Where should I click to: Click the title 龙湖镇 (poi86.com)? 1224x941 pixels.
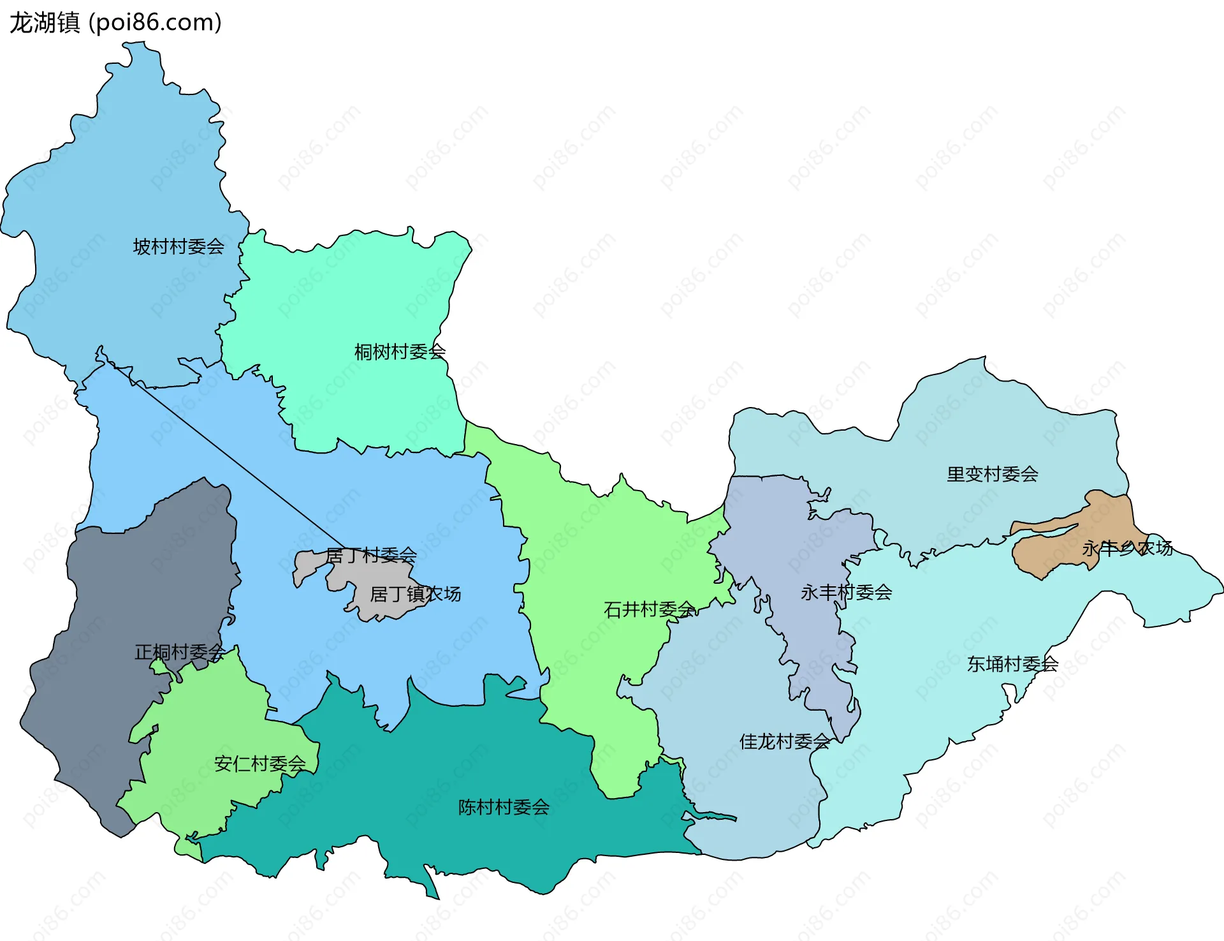point(115,22)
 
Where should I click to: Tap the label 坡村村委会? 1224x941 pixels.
point(178,246)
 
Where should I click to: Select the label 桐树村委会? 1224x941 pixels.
point(400,352)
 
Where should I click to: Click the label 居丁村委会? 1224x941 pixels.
point(371,555)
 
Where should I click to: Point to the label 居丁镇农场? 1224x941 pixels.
point(415,594)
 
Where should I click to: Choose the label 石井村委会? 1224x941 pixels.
point(649,609)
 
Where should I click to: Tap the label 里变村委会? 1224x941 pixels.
point(992,474)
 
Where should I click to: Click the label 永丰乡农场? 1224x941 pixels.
point(1127,547)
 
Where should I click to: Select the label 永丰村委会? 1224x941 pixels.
point(846,592)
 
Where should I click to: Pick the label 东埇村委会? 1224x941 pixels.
point(1012,664)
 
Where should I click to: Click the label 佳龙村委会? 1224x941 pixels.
point(784,741)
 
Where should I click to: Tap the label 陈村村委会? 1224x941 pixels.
point(504,807)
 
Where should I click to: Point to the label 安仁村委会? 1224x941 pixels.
point(259,764)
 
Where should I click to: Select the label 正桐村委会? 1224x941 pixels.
point(180,652)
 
